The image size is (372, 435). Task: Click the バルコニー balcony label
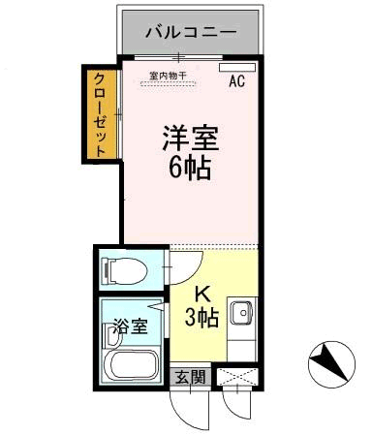click(x=190, y=32)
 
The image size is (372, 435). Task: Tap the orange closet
click(x=99, y=112)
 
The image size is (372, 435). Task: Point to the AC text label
click(x=235, y=82)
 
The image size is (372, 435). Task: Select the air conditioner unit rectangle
click(x=233, y=68)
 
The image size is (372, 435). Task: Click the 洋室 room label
click(x=190, y=138)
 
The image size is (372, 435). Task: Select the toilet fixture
click(x=123, y=267)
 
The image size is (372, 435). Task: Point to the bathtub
click(x=133, y=366)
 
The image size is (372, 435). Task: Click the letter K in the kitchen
click(x=203, y=295)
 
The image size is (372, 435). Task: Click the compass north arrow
click(x=332, y=365)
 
